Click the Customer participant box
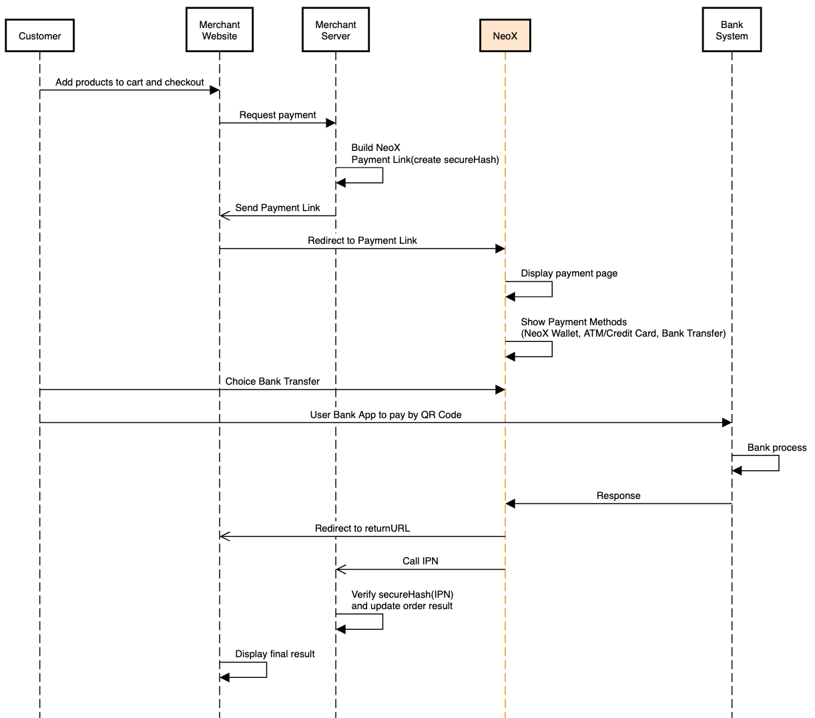[x=39, y=36]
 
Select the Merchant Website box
[x=220, y=30]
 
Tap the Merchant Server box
[x=335, y=30]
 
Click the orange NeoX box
[x=505, y=36]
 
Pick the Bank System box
[x=732, y=30]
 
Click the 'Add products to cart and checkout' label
[x=129, y=82]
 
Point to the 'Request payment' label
[x=278, y=115]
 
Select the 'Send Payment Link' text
[x=278, y=208]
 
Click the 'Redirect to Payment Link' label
[x=362, y=240]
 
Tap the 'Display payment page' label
[x=569, y=273]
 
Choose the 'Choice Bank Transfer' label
[x=272, y=381]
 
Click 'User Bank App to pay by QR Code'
[x=386, y=415]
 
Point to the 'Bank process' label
[x=777, y=447]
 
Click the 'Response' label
[x=618, y=496]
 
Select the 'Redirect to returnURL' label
[x=362, y=528]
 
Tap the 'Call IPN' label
[x=421, y=561]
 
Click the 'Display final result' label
[x=275, y=654]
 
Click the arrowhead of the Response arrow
[x=510, y=504]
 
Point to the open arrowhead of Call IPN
[x=340, y=570]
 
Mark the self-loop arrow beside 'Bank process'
[x=778, y=463]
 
